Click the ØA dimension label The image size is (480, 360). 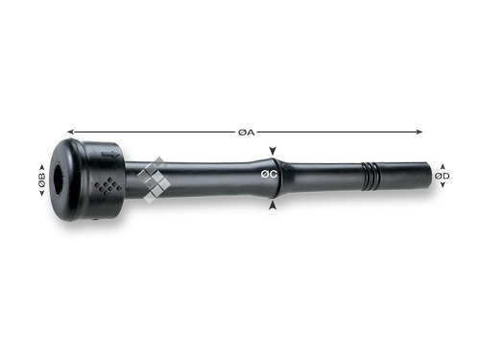click(247, 132)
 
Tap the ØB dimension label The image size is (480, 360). click(42, 180)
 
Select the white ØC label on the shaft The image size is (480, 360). click(269, 174)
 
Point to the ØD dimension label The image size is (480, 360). click(442, 176)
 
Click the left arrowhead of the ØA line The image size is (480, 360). click(70, 132)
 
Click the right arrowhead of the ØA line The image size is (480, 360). click(420, 132)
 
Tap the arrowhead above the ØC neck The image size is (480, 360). click(273, 151)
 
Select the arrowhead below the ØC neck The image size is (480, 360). click(273, 205)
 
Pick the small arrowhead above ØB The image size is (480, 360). click(41, 167)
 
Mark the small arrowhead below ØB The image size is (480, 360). click(41, 192)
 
